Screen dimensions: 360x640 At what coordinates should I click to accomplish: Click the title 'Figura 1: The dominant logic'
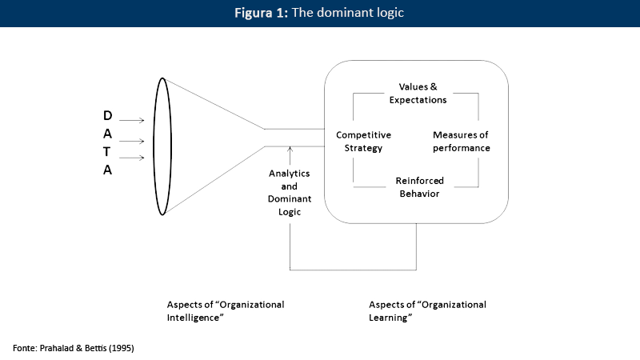click(320, 14)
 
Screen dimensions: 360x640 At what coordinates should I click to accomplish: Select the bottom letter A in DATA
click(107, 170)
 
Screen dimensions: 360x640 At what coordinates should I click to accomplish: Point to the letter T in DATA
click(107, 152)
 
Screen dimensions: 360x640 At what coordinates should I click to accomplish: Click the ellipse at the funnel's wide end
click(164, 146)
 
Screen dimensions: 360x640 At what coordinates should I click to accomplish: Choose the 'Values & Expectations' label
click(417, 93)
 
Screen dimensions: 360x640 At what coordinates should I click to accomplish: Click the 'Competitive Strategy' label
click(359, 142)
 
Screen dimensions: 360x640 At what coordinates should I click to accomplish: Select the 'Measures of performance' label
click(462, 142)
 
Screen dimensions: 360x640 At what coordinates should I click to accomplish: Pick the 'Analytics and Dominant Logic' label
click(290, 192)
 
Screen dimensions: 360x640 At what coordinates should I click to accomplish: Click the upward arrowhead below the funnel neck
click(290, 150)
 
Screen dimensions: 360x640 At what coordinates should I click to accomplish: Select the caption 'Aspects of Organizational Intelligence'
click(225, 311)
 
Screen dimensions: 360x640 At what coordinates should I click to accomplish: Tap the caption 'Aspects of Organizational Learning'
click(427, 311)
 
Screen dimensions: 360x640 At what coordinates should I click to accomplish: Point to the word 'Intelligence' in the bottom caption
click(194, 318)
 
